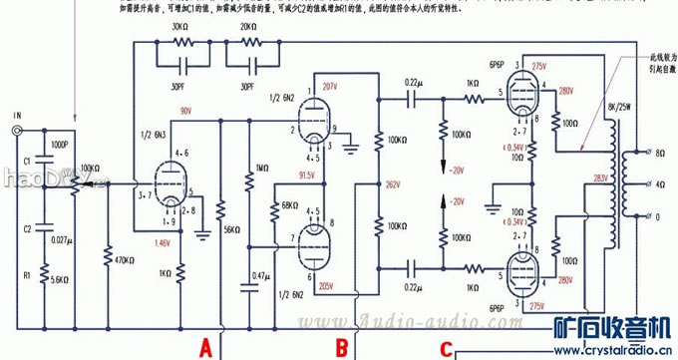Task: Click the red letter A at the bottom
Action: tap(205, 347)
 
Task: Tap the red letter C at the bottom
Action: tap(448, 350)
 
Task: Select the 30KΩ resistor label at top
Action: tap(181, 27)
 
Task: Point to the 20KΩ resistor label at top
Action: tap(246, 27)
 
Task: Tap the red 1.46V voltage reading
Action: tap(161, 243)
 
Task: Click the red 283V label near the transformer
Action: tap(601, 179)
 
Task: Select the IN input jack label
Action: tap(16, 116)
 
